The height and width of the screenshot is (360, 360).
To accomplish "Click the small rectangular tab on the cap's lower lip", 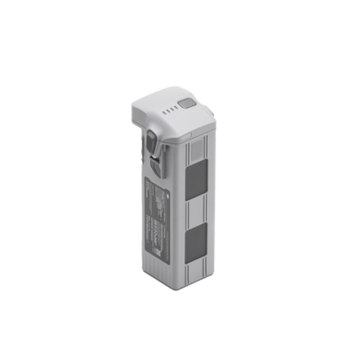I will pyautogui.click(x=190, y=135).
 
